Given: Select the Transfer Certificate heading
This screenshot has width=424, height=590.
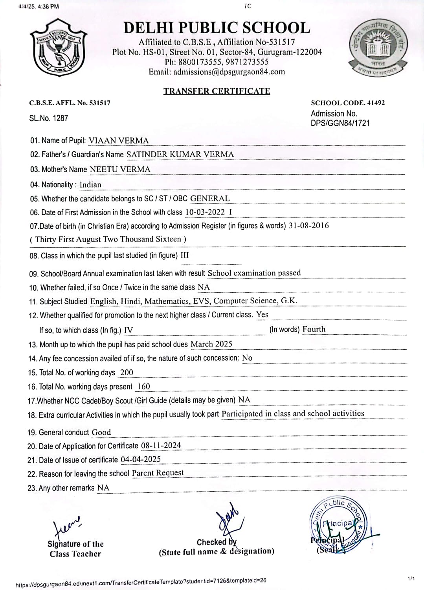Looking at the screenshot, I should tap(217, 91).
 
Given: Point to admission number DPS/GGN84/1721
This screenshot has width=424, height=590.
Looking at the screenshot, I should tap(340, 123).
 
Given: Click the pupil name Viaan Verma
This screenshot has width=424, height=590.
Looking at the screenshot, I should tap(119, 140).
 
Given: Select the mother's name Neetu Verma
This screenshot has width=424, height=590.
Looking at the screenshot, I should tap(120, 169).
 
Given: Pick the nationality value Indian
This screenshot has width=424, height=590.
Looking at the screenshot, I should tap(90, 184).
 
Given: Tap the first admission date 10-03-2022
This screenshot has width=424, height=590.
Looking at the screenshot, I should tap(205, 212).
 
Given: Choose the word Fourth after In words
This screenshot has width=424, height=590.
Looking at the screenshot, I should tap(314, 329).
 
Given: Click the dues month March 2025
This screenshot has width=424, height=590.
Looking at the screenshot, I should tap(211, 344).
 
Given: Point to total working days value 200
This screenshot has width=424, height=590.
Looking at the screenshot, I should tap(127, 372).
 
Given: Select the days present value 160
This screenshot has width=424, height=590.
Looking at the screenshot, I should tap(143, 386).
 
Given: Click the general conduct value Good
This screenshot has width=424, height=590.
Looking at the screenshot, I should tap(101, 432).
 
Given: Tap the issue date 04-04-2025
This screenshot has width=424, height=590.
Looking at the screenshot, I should tap(141, 459).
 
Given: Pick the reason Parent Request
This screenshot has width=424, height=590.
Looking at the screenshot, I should tap(158, 473).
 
